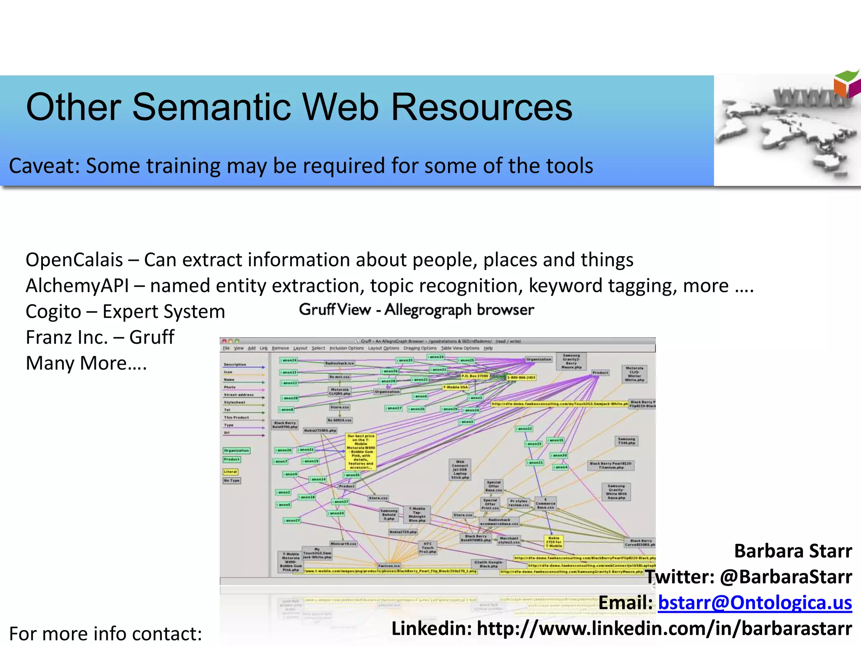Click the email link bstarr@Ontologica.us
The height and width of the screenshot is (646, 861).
tap(755, 602)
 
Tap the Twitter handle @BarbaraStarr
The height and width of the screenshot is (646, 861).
tap(786, 577)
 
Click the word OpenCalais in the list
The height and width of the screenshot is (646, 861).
tap(74, 260)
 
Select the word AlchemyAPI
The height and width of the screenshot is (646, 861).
tap(77, 286)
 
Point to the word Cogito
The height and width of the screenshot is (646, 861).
tap(53, 312)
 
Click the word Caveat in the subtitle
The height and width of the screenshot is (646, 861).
tap(44, 166)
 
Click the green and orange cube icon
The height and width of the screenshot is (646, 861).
tap(847, 84)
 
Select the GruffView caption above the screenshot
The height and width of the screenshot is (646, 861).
tap(416, 310)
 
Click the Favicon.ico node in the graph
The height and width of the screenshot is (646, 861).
tap(389, 566)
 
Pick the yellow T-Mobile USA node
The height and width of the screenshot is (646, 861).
tap(455, 387)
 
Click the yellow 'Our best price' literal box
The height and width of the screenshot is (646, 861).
tap(361, 452)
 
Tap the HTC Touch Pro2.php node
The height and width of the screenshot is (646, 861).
tap(428, 548)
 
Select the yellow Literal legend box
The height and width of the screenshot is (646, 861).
tap(230, 472)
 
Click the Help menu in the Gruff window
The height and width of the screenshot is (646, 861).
tap(488, 348)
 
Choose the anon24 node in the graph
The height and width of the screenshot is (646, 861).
tap(289, 360)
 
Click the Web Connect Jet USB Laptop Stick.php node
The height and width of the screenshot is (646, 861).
tap(460, 469)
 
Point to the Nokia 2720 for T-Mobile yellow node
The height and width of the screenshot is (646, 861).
tap(553, 542)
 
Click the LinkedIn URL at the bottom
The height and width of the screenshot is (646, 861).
tap(664, 629)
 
